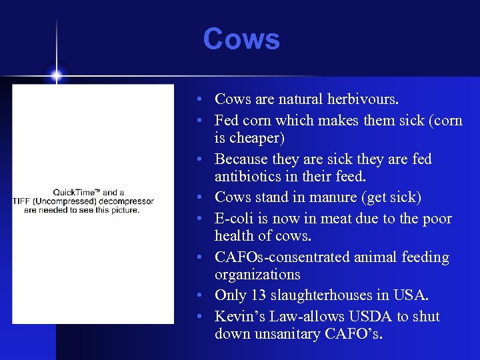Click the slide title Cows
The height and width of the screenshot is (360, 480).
point(241,39)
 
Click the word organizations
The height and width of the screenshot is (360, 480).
point(257,275)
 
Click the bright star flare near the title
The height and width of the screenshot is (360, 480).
point(56,75)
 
